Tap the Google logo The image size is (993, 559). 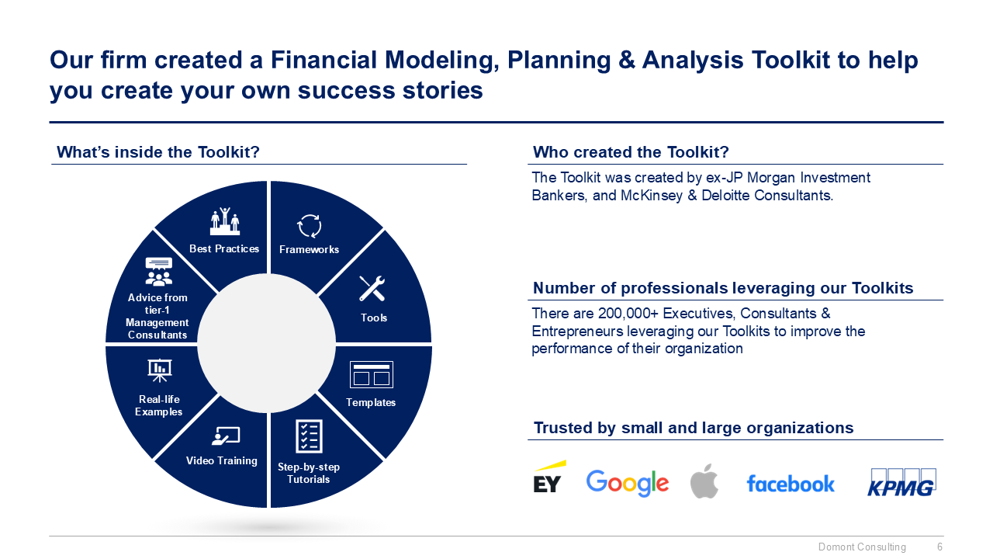point(627,483)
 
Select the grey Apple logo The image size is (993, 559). point(704,481)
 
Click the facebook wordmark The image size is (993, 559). point(790,484)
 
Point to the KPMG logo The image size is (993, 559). point(901,483)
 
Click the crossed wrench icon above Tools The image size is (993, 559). point(372,288)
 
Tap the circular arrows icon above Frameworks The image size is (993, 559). point(309,226)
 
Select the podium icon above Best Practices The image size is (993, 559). point(224,221)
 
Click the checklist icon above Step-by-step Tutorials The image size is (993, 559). point(309,436)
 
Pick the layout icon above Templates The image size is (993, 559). point(371,374)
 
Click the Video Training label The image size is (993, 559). point(222,460)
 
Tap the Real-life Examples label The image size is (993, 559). point(159,405)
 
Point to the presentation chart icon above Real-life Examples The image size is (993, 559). point(159,370)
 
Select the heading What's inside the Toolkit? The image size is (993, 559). point(158,152)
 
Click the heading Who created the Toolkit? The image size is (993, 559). point(631,151)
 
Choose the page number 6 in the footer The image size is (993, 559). point(939,547)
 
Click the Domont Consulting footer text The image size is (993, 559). point(862,547)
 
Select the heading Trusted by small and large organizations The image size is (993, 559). point(694,428)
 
